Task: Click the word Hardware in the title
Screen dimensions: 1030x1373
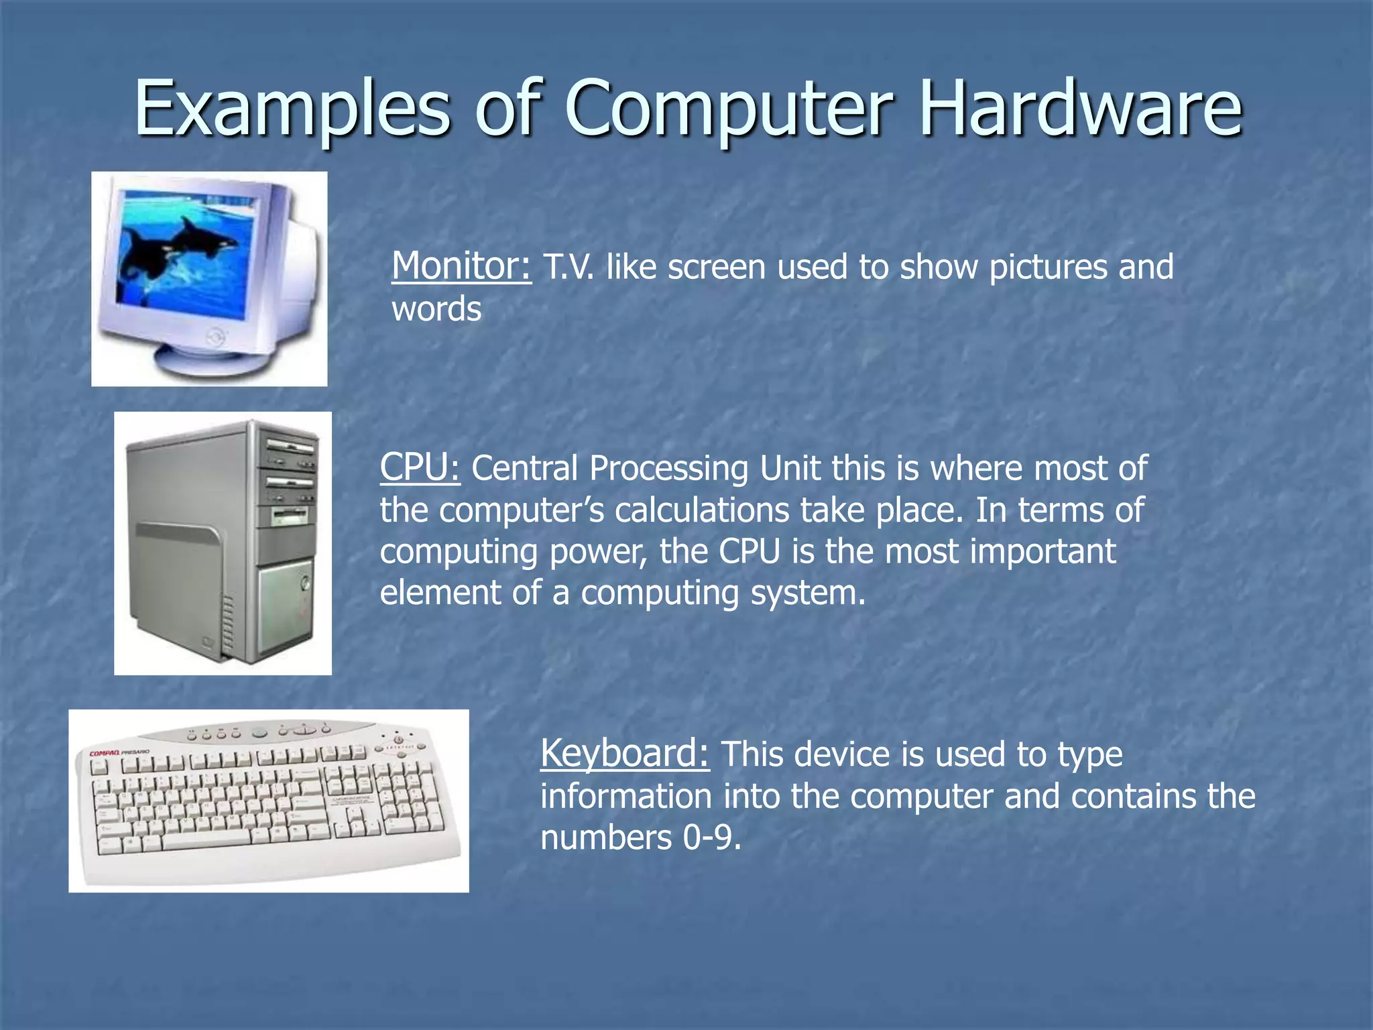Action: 1081,107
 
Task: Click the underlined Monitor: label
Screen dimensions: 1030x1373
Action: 461,266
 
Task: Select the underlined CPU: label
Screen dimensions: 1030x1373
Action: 420,467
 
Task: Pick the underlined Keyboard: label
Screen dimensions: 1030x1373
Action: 624,753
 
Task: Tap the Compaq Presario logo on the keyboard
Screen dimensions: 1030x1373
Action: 119,752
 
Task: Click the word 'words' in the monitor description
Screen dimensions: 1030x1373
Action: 436,309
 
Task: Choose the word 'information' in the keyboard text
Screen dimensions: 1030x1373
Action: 626,797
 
